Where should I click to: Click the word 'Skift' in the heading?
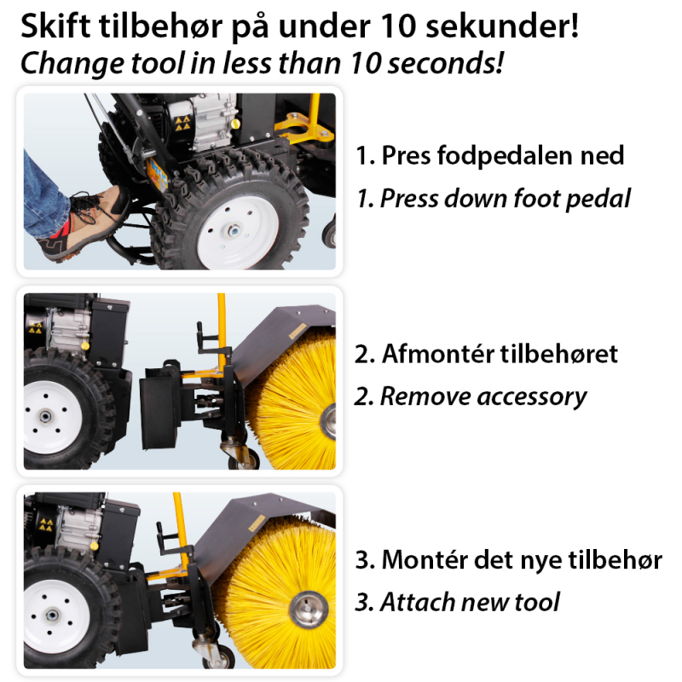(x=55, y=26)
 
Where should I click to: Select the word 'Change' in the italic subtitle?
(x=72, y=63)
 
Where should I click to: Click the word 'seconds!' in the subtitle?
(x=445, y=63)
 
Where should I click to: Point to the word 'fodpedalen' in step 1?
(x=506, y=155)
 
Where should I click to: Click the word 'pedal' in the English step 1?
(x=598, y=199)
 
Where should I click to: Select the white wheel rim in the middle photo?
(x=51, y=417)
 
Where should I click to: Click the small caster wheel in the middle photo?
(x=244, y=457)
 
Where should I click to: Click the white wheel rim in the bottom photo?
(x=55, y=616)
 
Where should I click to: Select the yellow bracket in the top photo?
(x=305, y=129)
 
